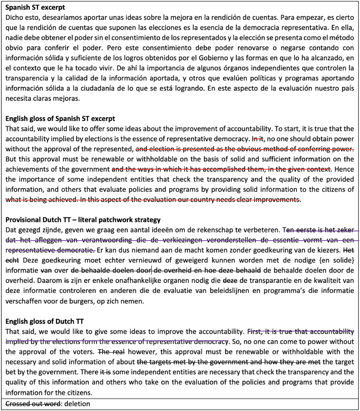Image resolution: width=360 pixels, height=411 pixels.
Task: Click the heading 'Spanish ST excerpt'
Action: click(35, 7)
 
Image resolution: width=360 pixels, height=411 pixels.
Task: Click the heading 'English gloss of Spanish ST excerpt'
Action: click(60, 119)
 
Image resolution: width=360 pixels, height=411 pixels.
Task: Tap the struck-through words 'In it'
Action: click(258, 139)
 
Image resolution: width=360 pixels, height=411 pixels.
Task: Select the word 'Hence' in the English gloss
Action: click(344, 169)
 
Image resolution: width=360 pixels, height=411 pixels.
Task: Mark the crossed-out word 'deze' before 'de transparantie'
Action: click(230, 281)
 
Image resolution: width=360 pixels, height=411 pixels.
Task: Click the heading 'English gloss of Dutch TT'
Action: click(44, 321)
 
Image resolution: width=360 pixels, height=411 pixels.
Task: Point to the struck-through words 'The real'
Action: click(111, 352)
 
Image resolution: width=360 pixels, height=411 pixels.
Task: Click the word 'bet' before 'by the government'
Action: click(11, 372)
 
